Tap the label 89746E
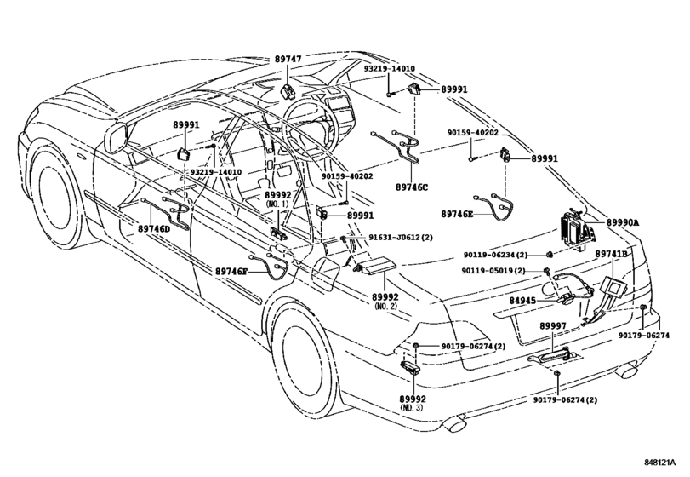[458, 214]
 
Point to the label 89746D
[154, 229]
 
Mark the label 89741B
[611, 254]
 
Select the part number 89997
[554, 327]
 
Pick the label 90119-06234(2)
[496, 255]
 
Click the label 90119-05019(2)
[495, 271]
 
